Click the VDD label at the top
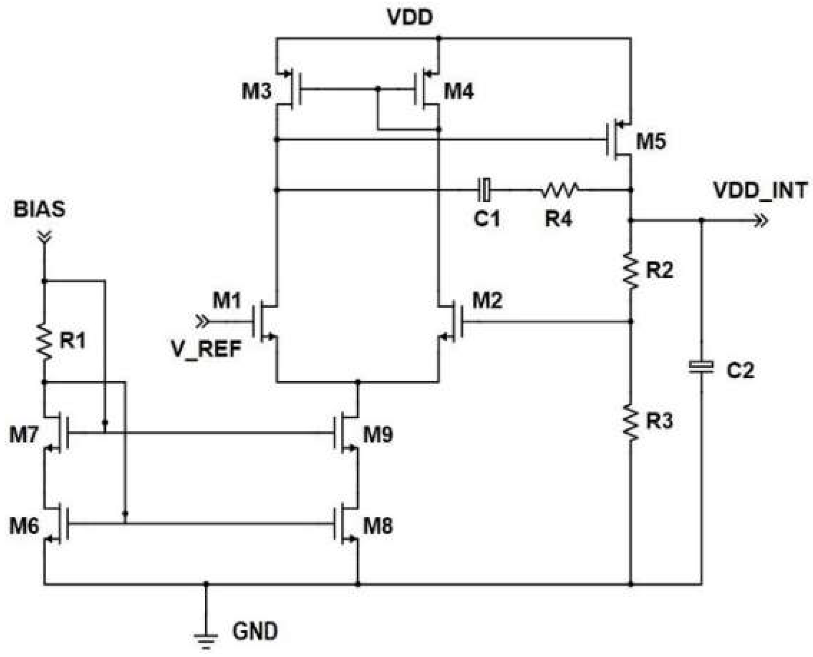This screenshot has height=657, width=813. click(x=410, y=18)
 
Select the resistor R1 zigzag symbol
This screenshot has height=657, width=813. click(x=44, y=342)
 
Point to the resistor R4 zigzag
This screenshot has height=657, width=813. click(x=560, y=190)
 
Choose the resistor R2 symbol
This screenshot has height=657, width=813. click(x=631, y=270)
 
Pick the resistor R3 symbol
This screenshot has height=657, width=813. click(x=631, y=422)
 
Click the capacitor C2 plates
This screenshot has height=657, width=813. click(x=701, y=367)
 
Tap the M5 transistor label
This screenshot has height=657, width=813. click(x=651, y=141)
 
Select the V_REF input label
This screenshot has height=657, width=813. click(x=206, y=349)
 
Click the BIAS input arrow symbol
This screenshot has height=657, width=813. click(x=44, y=237)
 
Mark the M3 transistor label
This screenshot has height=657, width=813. click(x=256, y=91)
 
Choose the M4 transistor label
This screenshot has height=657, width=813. click(x=459, y=91)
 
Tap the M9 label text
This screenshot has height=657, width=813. click(x=378, y=434)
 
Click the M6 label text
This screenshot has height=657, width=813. click(x=24, y=526)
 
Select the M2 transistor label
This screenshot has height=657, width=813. click(x=487, y=300)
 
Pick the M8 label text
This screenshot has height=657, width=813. click(x=378, y=526)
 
